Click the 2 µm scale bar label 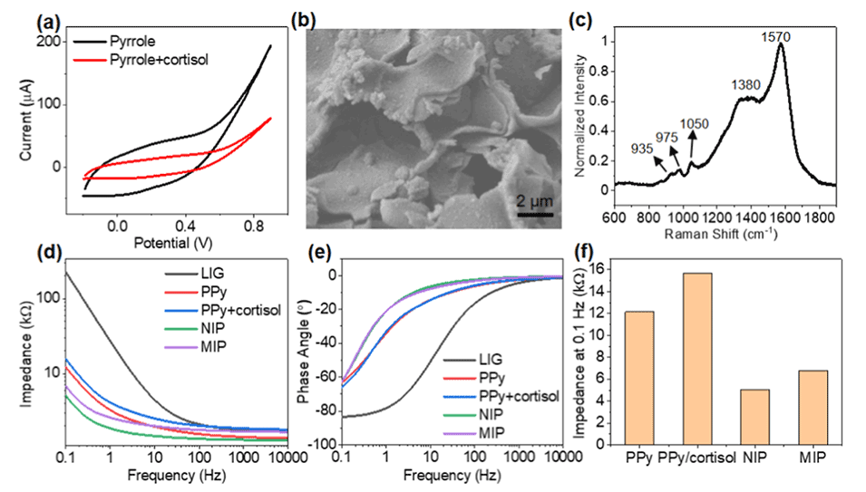[x=518, y=200]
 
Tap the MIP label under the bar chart [x=810, y=458]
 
